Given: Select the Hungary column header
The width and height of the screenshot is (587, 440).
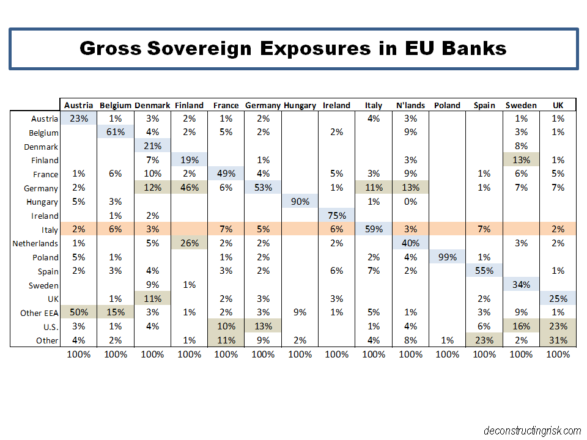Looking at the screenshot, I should pos(300,105).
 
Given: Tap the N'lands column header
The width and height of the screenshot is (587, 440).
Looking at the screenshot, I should pos(410,105).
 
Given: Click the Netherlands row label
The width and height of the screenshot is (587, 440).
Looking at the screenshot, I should pos(36,243).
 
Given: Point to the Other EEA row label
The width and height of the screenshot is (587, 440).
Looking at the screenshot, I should pos(39,313).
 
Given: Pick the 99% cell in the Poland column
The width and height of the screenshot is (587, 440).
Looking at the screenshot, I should pos(447,257).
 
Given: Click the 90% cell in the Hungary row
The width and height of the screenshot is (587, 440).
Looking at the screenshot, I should pos(300,202).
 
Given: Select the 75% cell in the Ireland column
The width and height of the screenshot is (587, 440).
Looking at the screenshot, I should pos(336,216).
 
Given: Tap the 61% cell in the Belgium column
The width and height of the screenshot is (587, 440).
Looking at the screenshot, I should pos(116,133).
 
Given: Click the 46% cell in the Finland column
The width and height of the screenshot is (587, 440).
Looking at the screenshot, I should pos(190,188).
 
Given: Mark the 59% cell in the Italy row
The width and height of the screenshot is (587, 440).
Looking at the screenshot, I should pos(374,230).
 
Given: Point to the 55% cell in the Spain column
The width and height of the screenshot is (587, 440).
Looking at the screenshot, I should pos(484,271).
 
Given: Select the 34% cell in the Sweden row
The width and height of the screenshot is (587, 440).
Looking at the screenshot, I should pos(521,285).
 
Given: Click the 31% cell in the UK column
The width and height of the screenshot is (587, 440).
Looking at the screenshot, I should pos(558,340).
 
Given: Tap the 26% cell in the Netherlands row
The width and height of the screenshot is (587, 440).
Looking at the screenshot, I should pos(190,243).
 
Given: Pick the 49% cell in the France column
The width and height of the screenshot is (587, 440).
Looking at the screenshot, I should pos(226,174).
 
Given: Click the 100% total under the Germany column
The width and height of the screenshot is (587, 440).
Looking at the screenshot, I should pos(263,354).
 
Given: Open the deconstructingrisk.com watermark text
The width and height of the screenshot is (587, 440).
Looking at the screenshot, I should pos(531,430).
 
